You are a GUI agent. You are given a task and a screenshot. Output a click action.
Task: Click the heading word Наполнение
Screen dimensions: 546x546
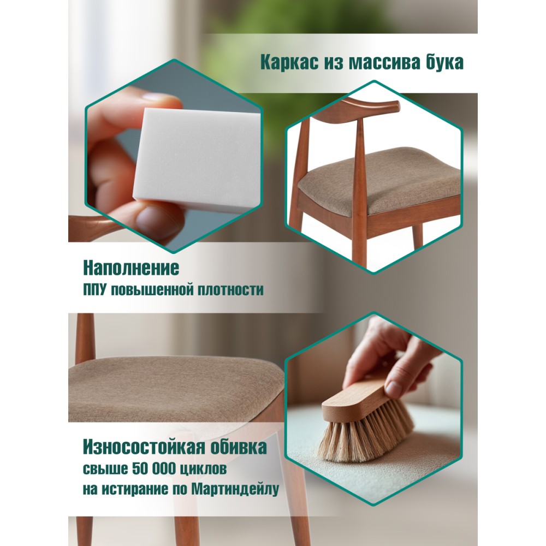(x=131, y=268)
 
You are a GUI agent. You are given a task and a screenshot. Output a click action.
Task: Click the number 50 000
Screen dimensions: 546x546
(x=155, y=468)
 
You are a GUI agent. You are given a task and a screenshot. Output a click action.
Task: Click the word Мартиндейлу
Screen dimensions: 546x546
(x=235, y=489)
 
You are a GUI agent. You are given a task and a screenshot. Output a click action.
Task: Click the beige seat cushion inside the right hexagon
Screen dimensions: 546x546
(x=379, y=181)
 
